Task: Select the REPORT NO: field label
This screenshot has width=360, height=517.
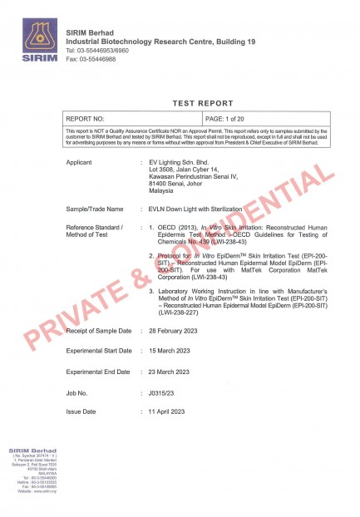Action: pyautogui.click(x=85, y=120)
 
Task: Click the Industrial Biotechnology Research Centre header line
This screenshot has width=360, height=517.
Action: pyautogui.click(x=150, y=41)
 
